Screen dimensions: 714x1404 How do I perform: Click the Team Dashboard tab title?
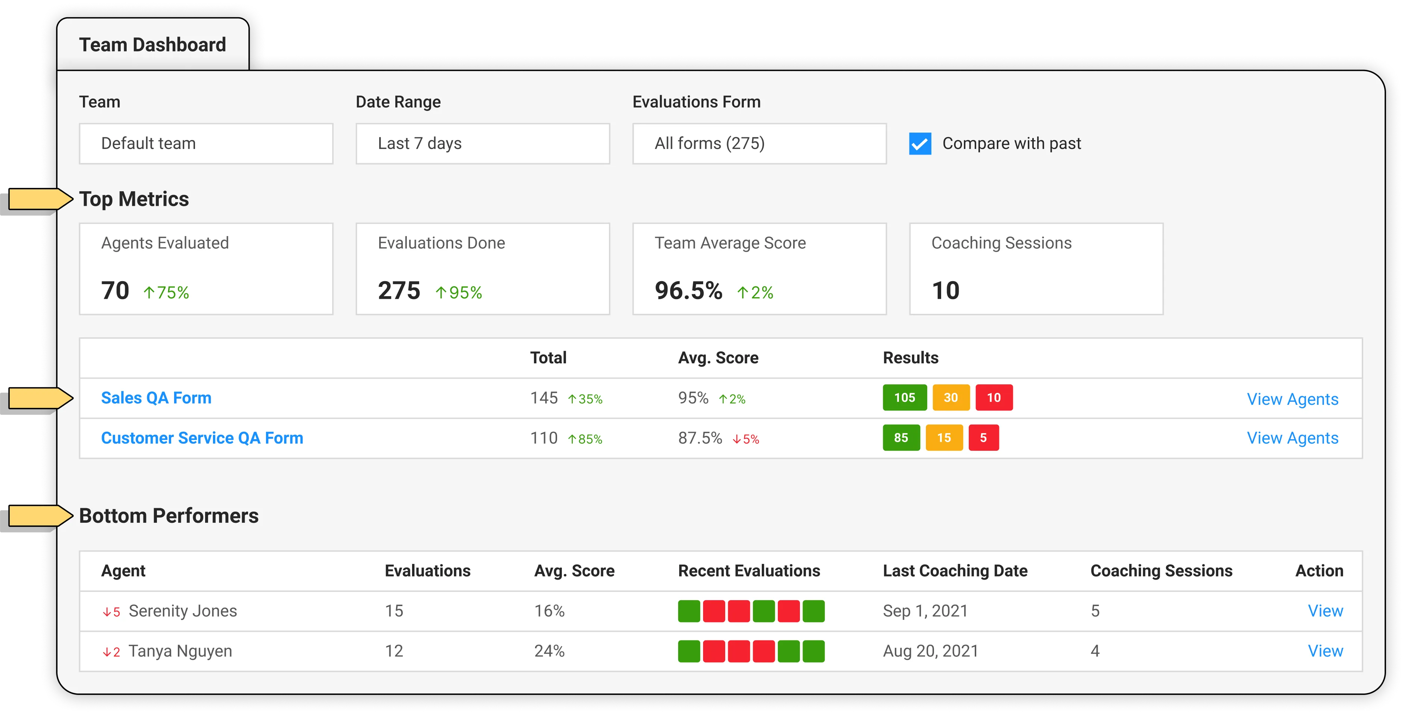tap(152, 45)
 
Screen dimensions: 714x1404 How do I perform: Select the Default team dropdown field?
tap(206, 144)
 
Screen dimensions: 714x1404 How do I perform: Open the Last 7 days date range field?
tap(482, 144)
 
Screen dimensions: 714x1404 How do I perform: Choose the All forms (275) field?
tap(759, 144)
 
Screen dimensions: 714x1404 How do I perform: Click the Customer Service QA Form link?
tap(202, 438)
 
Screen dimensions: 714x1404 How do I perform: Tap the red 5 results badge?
tap(983, 438)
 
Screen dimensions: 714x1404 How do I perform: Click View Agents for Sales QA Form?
tap(1292, 399)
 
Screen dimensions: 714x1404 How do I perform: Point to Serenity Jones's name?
tap(183, 611)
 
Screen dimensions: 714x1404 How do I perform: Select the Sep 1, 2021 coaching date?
tap(925, 611)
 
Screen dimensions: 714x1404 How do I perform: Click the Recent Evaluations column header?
tap(749, 571)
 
